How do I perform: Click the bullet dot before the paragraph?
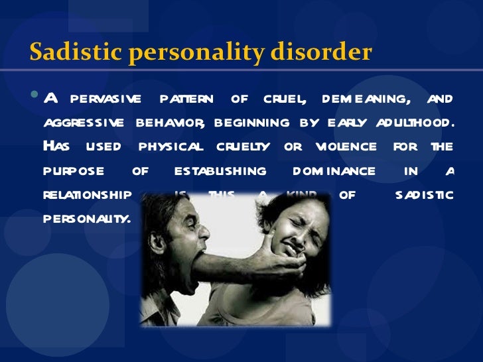pyautogui.click(x=35, y=98)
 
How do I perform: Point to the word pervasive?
pyautogui.click(x=105, y=99)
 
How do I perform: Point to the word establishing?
pyautogui.click(x=220, y=170)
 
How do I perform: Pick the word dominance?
pyautogui.click(x=334, y=170)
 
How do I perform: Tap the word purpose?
pyautogui.click(x=74, y=171)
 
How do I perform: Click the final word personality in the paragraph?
pyautogui.click(x=86, y=218)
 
